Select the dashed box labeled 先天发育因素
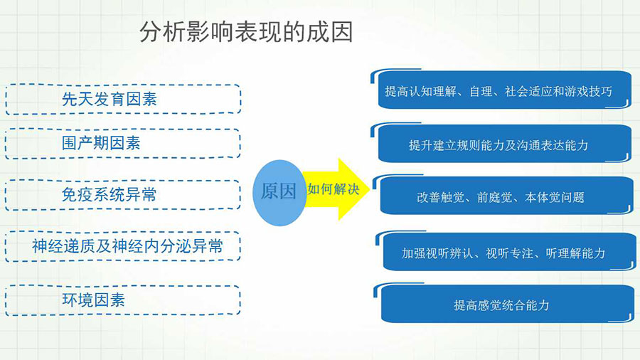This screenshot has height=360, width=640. coord(123,99)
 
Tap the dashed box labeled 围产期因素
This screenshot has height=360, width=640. coord(123,143)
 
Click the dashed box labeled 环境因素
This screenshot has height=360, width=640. coord(123,300)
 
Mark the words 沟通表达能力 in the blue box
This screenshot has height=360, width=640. coord(553,145)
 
